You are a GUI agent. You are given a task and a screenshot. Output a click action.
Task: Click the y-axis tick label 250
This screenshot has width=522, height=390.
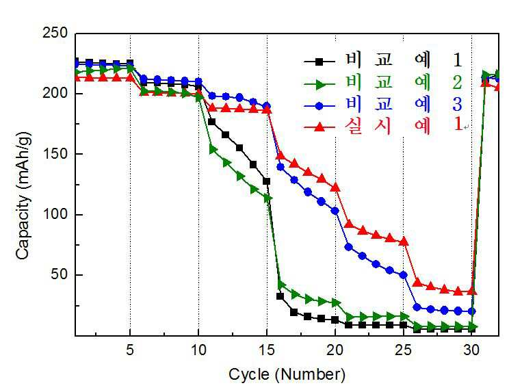point(55,33)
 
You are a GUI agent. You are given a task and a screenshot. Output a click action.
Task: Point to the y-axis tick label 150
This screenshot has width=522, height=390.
point(55,154)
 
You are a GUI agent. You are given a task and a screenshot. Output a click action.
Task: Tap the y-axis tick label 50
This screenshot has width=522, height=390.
point(59,275)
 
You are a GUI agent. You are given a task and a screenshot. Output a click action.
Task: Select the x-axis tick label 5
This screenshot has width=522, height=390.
point(130,350)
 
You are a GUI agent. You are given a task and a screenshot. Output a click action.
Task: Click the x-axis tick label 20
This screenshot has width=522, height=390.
point(335,350)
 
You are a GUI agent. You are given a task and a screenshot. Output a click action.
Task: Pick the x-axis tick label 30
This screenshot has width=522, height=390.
point(472,350)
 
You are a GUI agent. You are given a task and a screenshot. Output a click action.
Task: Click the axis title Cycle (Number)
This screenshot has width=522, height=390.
point(287,375)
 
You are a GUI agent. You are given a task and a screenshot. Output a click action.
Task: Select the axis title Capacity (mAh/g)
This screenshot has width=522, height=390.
point(23,196)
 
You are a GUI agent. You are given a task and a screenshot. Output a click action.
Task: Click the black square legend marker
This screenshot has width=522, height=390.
point(319,62)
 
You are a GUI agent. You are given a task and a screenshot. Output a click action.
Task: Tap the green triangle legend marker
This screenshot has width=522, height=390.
point(320,84)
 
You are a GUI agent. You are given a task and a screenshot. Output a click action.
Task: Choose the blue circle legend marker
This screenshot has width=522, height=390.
point(319,106)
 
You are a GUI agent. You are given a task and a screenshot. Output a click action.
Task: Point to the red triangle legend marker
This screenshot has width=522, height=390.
point(319,127)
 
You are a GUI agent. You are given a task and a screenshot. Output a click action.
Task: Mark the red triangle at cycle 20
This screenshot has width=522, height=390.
point(335,187)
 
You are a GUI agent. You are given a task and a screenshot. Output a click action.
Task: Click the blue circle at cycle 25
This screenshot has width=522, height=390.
point(404,275)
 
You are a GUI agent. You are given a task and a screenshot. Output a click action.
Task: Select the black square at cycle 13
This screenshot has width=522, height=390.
point(239,148)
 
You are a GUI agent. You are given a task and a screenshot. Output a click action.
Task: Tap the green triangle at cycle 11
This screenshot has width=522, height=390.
point(213,150)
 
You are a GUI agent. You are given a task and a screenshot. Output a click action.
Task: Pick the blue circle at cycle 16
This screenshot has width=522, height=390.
point(280,167)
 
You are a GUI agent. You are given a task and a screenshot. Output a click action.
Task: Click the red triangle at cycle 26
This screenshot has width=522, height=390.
point(417,283)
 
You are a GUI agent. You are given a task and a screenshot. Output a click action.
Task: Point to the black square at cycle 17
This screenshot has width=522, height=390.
point(294,313)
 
